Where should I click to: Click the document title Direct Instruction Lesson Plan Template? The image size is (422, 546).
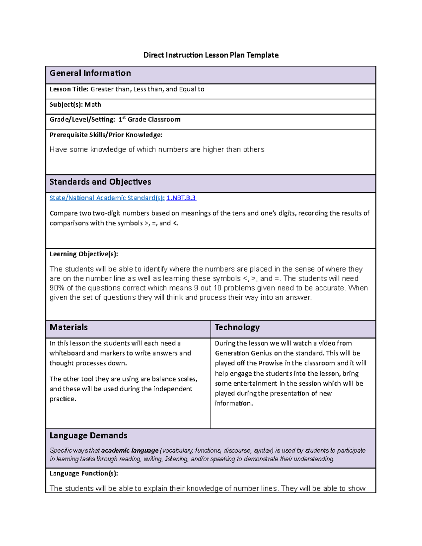(x=211, y=55)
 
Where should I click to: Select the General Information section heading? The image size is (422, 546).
(x=90, y=73)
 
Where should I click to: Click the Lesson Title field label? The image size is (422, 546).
(x=69, y=89)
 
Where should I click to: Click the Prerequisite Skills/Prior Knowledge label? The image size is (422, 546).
(x=106, y=135)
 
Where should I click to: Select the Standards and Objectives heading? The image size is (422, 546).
(x=100, y=182)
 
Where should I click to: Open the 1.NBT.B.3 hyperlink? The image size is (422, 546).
(x=181, y=198)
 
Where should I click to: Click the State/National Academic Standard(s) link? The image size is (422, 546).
(x=107, y=198)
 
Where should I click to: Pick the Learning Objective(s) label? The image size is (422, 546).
(x=84, y=254)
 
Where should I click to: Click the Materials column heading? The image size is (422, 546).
(x=69, y=327)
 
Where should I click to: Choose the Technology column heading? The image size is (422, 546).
(x=237, y=327)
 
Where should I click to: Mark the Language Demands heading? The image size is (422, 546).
(x=88, y=436)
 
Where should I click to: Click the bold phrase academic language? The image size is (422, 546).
(x=130, y=450)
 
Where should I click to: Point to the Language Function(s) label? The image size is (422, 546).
(x=84, y=474)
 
